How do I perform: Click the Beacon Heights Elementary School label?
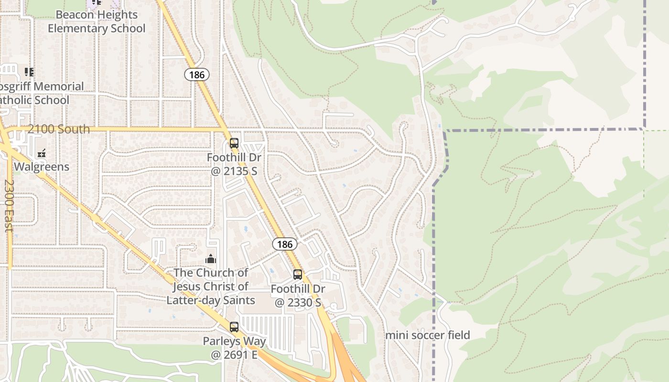tap(97, 21)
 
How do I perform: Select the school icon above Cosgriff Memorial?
tap(29, 72)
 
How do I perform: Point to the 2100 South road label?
tap(58, 129)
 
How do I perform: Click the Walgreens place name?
tap(42, 167)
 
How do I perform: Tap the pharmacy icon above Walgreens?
tap(42, 153)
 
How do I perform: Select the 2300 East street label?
tap(9, 205)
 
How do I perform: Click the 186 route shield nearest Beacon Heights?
tap(197, 74)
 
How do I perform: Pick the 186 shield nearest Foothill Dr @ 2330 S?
tap(285, 244)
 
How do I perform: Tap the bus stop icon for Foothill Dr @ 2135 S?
tap(234, 143)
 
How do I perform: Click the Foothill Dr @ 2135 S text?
tap(234, 164)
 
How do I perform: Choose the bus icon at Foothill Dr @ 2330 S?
tap(297, 275)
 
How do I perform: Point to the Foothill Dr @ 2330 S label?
tap(298, 296)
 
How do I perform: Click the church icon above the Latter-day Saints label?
tap(211, 259)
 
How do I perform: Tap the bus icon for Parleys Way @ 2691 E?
tap(234, 327)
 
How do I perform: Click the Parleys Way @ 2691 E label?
tap(234, 348)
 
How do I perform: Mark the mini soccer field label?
tap(428, 335)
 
